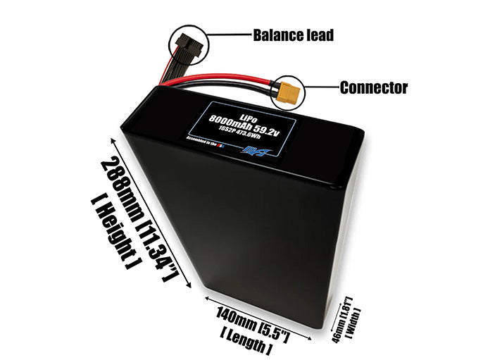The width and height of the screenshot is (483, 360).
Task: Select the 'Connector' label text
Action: pos(373,88)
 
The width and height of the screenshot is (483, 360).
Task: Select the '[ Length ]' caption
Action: pos(246,341)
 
